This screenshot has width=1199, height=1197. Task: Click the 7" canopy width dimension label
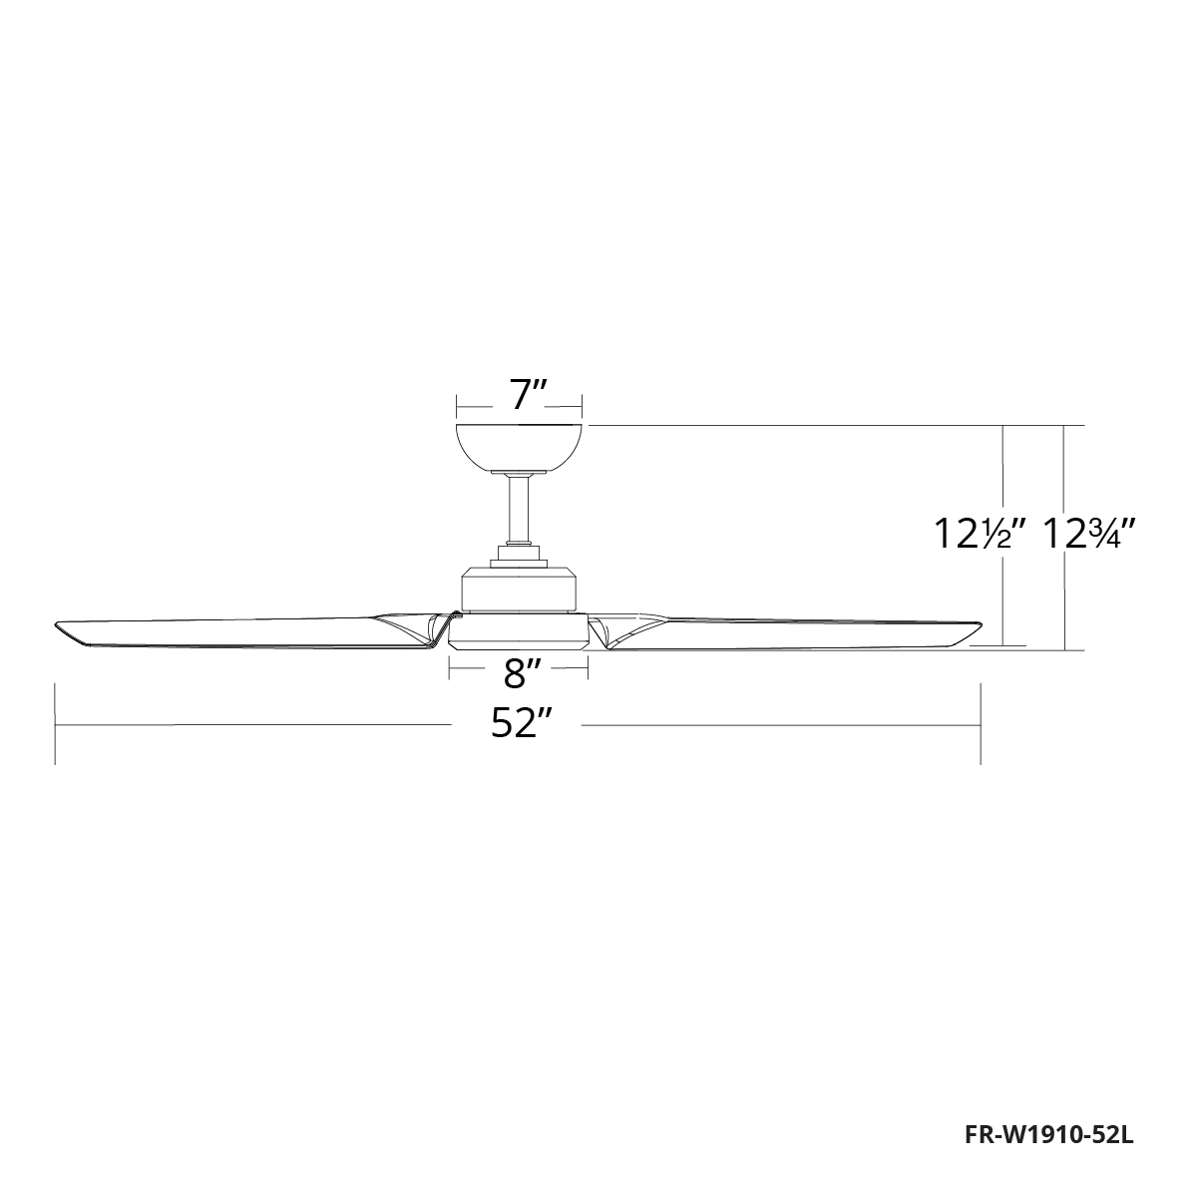tap(519, 396)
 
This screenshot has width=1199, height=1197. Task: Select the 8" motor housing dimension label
tap(516, 674)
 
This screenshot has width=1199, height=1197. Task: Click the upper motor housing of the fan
tap(518, 589)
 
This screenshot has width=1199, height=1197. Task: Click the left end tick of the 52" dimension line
tap(55, 724)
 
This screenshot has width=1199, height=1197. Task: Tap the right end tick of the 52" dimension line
tap(982, 724)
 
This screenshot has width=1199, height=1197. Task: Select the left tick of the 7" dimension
tap(456, 406)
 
